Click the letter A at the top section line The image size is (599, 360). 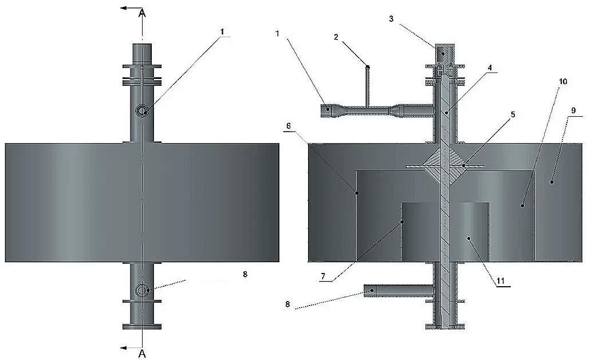[x=142, y=13]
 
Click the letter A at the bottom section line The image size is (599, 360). [x=142, y=354]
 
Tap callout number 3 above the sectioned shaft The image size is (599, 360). [x=391, y=19]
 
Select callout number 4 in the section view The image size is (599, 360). [x=490, y=68]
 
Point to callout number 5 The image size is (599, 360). [x=513, y=114]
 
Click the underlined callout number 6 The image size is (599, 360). [x=289, y=126]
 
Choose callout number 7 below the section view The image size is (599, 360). [x=323, y=276]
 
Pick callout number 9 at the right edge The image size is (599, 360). [x=573, y=110]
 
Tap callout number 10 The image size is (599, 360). [x=563, y=81]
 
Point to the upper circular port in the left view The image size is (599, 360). [x=142, y=110]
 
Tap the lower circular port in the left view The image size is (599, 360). [x=142, y=291]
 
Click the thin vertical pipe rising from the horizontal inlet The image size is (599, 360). [x=368, y=86]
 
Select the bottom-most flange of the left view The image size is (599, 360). [x=141, y=327]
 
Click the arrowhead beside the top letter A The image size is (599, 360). [x=124, y=7]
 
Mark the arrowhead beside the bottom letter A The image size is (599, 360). [x=124, y=348]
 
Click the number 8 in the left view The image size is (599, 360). [x=245, y=274]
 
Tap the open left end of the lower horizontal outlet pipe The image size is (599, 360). [x=365, y=291]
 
